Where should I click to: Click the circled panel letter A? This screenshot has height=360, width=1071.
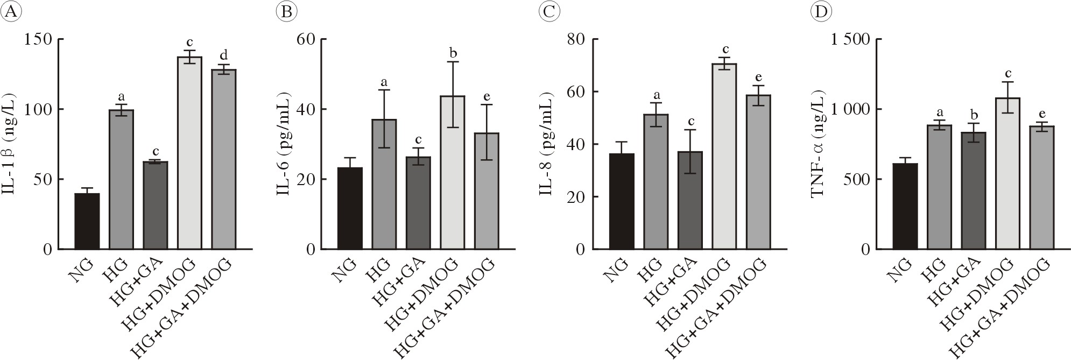[x=10, y=12]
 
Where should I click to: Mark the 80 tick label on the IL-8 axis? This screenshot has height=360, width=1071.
[x=579, y=39]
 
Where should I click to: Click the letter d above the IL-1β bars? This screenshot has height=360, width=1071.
[x=223, y=55]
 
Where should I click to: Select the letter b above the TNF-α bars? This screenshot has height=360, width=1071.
[x=973, y=114]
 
